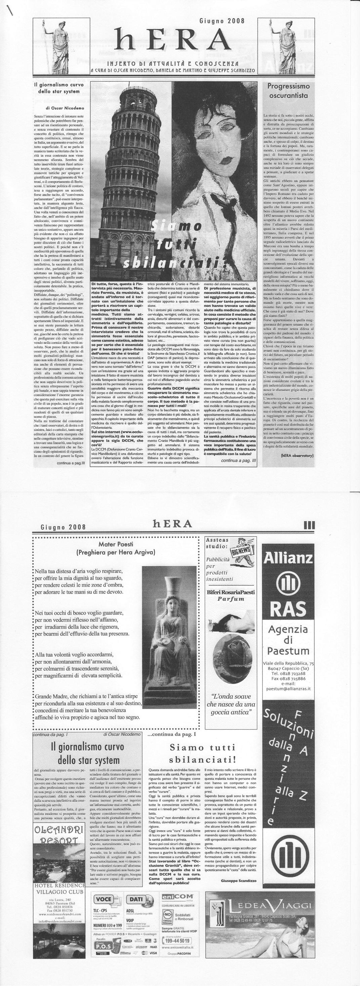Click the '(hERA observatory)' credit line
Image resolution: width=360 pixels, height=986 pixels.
pyautogui.click(x=296, y=456)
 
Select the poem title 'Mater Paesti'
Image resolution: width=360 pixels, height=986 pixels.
pyautogui.click(x=116, y=544)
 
